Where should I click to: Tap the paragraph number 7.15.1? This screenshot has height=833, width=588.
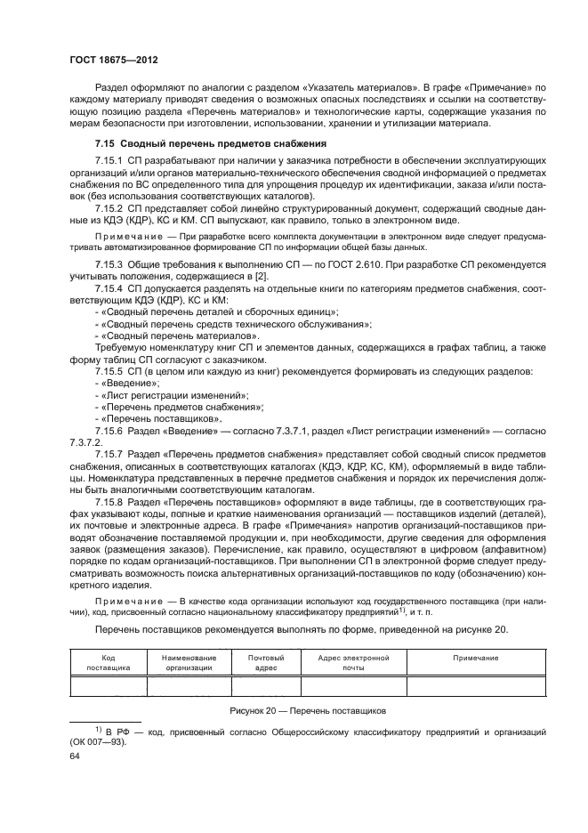[x=110, y=160]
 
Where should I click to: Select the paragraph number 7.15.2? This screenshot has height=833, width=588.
[x=110, y=206]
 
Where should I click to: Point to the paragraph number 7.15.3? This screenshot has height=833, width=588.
[x=110, y=265]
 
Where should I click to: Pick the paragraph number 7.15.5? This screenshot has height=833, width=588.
[x=110, y=369]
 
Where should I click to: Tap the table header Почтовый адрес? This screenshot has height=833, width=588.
[x=266, y=659]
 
